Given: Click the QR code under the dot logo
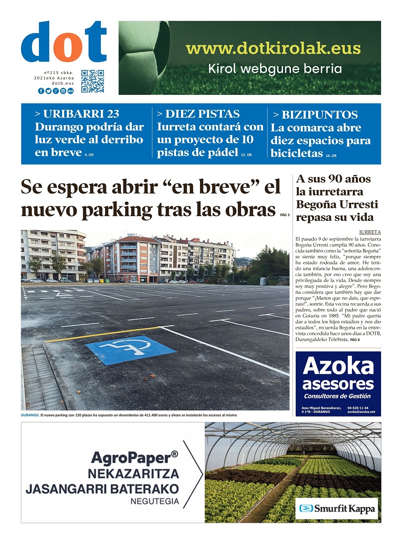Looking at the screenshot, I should pyautogui.click(x=93, y=81).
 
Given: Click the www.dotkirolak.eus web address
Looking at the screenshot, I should pyautogui.click(x=273, y=48).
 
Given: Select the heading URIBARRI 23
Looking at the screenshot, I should pyautogui.click(x=77, y=114).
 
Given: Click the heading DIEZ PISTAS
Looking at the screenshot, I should pyautogui.click(x=198, y=114).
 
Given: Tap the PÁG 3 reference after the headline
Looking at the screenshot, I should pyautogui.click(x=285, y=215).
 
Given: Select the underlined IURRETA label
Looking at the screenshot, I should pyautogui.click(x=370, y=232).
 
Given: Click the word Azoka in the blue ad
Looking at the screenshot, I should pyautogui.click(x=338, y=366).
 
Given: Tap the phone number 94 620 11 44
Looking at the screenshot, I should pyautogui.click(x=358, y=408).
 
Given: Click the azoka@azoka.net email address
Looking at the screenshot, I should pyautogui.click(x=361, y=412).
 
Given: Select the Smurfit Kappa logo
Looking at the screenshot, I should pyautogui.click(x=337, y=509).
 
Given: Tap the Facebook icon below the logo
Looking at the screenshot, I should pyautogui.click(x=41, y=91).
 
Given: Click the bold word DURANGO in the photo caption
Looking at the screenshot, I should pyautogui.click(x=30, y=415).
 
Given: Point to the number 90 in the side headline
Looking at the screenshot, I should pyautogui.click(x=335, y=179).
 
